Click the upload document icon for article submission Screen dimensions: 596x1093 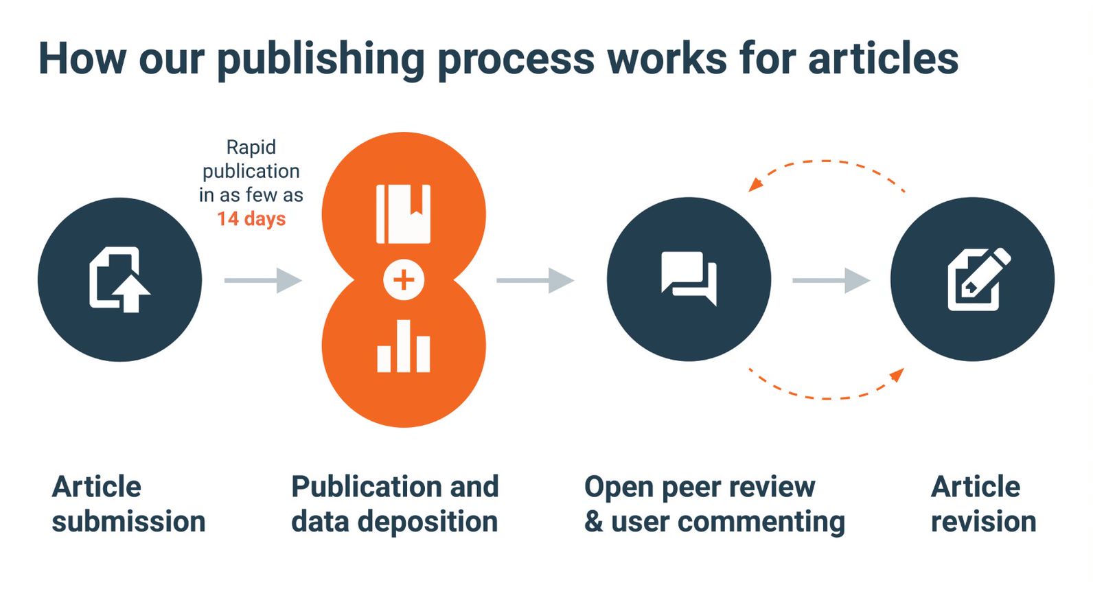coord(119,279)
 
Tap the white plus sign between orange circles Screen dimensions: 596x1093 coord(404,279)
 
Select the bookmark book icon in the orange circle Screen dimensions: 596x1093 coord(404,214)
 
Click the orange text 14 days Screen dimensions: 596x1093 coord(251,219)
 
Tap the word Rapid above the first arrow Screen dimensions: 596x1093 coord(251,147)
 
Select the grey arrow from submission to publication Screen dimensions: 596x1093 coord(264,280)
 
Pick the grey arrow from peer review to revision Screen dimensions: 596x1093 coord(831,280)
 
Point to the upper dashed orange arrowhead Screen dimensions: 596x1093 coord(755,184)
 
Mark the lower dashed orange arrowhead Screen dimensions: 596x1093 coord(897,375)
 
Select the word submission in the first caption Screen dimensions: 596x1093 coord(128,522)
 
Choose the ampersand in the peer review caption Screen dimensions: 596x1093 coord(593,522)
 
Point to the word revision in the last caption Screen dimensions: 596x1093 coord(983,522)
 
